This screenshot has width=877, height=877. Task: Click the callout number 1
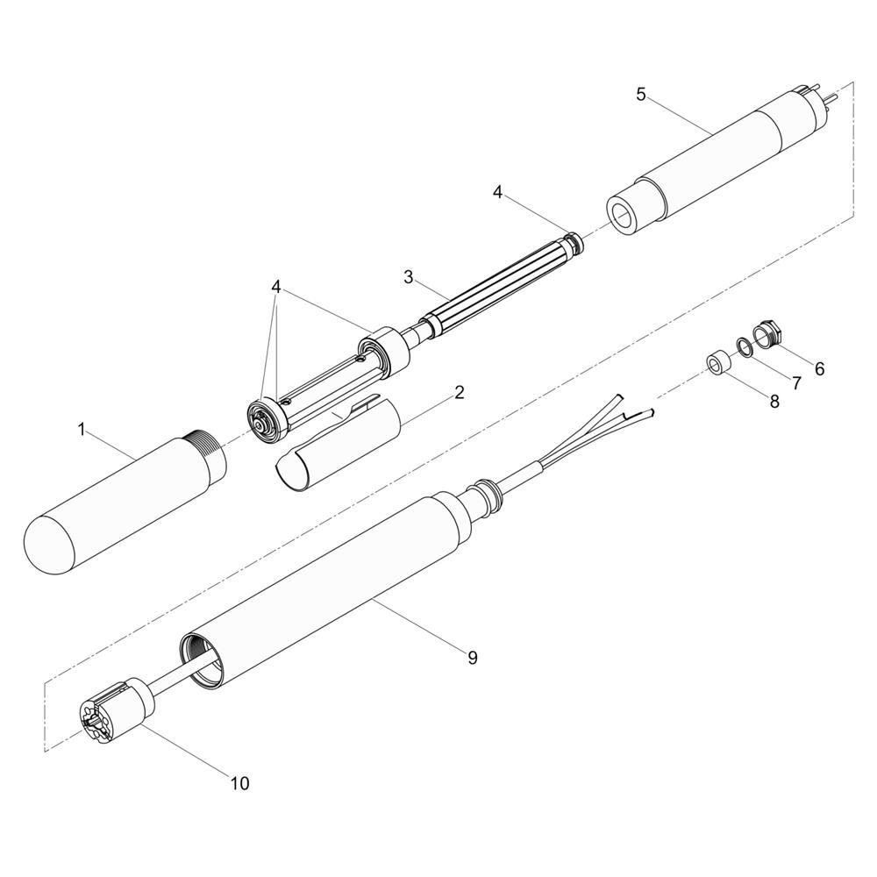tap(82, 430)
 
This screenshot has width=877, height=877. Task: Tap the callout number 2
tap(459, 392)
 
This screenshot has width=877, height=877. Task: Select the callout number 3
tap(409, 277)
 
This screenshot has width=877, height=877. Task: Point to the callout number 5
tap(641, 95)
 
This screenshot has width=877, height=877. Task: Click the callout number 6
tap(819, 368)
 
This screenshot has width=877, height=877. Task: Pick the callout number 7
tap(796, 383)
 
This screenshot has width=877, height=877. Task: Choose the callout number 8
tap(774, 401)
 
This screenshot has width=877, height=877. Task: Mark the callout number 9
tap(474, 658)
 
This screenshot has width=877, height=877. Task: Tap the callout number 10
tap(240, 783)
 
